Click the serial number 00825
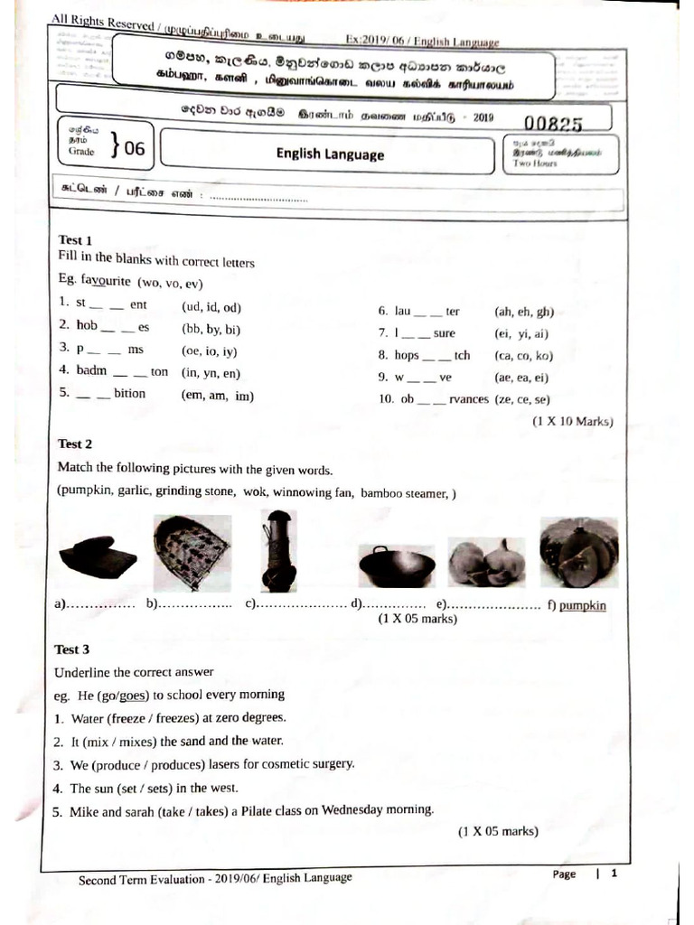(x=552, y=125)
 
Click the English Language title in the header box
(x=330, y=154)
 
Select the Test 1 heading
(x=75, y=239)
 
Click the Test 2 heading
(x=75, y=444)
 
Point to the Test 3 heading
(x=72, y=649)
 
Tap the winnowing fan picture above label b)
(x=191, y=553)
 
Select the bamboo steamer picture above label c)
(x=277, y=550)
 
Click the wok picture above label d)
(x=397, y=565)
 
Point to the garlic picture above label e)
(x=486, y=562)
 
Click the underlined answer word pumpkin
(x=583, y=606)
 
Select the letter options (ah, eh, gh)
(x=524, y=312)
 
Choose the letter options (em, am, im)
(x=218, y=395)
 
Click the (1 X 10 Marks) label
(x=572, y=421)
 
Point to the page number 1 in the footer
(x=614, y=874)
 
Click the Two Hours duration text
(x=535, y=164)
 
